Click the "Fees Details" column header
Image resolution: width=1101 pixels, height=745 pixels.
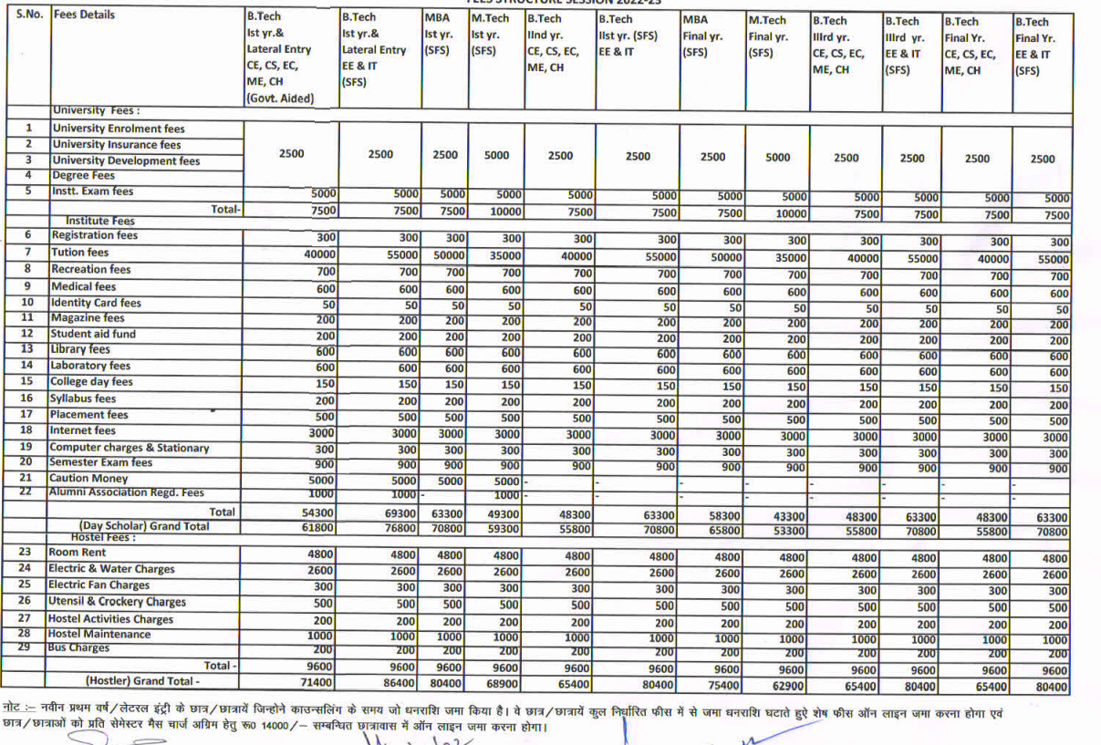[84, 16]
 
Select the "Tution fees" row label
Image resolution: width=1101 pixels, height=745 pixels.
[80, 253]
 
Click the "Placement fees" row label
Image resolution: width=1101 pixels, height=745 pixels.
[89, 415]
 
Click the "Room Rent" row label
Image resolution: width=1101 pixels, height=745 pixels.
[78, 553]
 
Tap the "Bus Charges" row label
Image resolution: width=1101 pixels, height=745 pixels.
[78, 648]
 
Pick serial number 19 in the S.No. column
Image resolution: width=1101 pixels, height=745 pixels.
[26, 447]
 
